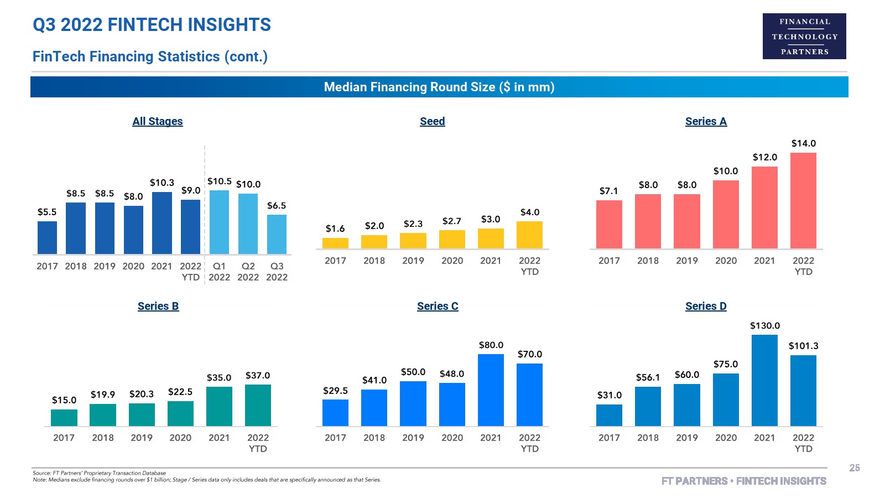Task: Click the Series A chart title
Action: click(x=706, y=122)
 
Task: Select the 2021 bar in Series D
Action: click(x=764, y=380)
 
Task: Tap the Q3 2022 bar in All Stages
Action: click(x=277, y=235)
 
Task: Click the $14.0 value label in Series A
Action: click(x=803, y=144)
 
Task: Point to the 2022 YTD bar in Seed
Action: click(x=529, y=235)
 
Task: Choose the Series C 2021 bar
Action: click(x=491, y=390)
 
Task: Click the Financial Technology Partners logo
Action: click(x=804, y=37)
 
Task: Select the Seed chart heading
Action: click(x=432, y=122)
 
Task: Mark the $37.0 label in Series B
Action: click(x=258, y=376)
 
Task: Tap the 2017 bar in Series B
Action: click(x=64, y=418)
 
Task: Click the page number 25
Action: click(x=855, y=468)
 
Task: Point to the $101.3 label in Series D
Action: click(x=803, y=346)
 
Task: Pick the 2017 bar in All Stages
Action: click(x=47, y=238)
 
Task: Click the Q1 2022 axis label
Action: click(x=219, y=272)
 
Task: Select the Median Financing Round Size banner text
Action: click(x=439, y=87)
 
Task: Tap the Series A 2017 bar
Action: click(x=609, y=225)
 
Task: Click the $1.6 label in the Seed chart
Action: click(x=335, y=229)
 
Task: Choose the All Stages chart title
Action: click(x=158, y=122)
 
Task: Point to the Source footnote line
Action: click(x=100, y=473)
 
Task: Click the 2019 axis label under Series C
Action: click(x=413, y=438)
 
